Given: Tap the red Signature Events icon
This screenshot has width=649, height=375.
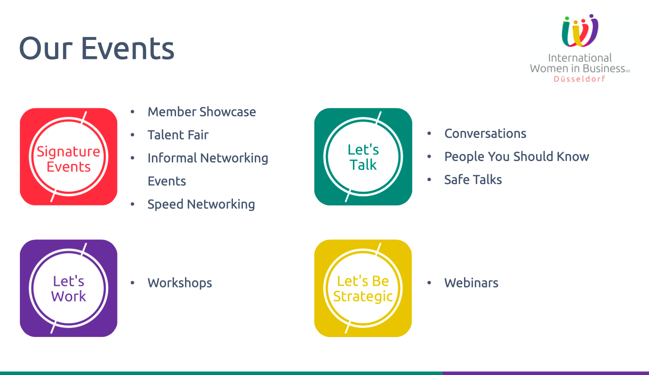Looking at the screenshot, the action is [69, 157].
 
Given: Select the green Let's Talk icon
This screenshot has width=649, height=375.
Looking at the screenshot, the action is [363, 157].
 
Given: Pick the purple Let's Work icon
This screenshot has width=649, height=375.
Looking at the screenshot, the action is [69, 288].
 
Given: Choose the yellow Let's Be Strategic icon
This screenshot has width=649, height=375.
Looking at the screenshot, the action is [363, 288].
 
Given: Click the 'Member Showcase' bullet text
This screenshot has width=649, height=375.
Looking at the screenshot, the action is [202, 112].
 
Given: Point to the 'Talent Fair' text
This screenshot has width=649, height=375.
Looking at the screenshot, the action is [178, 135].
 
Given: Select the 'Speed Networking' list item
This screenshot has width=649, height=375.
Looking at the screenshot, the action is [201, 204].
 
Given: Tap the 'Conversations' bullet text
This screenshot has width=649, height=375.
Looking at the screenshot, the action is [485, 134].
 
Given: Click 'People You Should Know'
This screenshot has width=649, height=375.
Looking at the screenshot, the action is [517, 156].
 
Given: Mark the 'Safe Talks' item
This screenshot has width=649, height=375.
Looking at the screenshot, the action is [473, 179].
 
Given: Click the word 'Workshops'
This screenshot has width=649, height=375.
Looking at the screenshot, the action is [180, 283].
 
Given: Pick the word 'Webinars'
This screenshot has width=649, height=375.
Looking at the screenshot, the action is [472, 283].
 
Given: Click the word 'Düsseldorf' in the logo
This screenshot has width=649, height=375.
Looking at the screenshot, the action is [579, 79].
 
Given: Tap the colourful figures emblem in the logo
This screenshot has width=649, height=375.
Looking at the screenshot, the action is [580, 30].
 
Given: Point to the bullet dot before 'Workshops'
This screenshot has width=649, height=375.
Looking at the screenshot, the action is [132, 283].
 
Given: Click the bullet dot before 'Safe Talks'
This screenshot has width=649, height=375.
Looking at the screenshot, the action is [429, 180].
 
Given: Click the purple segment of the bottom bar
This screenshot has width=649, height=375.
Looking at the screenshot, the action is [546, 373].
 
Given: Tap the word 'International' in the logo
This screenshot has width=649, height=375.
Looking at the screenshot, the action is [580, 58].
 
